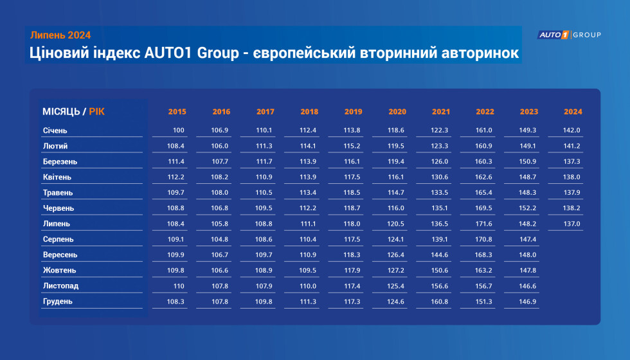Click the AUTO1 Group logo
tap(569, 35)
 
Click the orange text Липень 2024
tap(60, 35)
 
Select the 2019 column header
tap(353, 112)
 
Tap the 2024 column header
tap(573, 112)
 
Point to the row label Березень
tap(60, 161)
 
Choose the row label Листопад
tap(60, 285)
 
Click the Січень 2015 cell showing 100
tap(179, 130)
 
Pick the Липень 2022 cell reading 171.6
tap(483, 224)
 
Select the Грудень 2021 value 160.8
tap(440, 301)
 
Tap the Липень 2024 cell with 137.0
tap(571, 224)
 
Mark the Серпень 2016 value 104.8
tap(219, 239)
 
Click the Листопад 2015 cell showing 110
tap(179, 286)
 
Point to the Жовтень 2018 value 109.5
tap(307, 271)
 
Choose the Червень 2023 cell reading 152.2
tap(528, 208)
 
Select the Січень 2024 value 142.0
tap(571, 130)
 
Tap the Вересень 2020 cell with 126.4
tap(396, 255)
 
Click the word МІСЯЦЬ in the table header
tap(61, 112)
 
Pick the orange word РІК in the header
tap(97, 112)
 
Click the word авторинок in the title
tap(480, 53)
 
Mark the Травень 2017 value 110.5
tap(264, 192)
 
